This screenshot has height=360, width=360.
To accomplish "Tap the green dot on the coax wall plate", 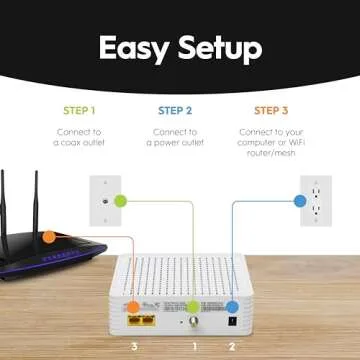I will (121, 201).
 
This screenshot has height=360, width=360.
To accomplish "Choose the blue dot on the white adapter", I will (232, 308).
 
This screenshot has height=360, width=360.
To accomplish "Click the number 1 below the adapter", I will (196, 343).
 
